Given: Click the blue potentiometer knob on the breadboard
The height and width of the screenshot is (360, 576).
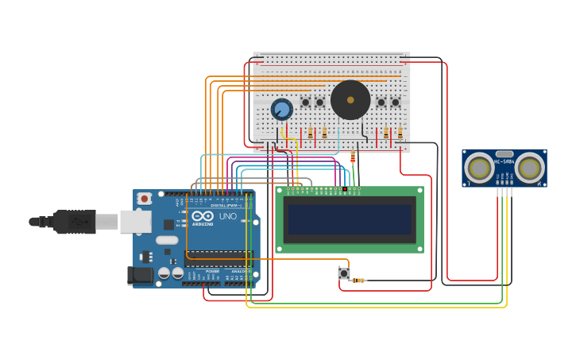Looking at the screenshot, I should tap(281, 109).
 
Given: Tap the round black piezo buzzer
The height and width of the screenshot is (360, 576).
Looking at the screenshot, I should tap(350, 100).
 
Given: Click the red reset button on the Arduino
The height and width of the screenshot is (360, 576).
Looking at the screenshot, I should tap(144, 199).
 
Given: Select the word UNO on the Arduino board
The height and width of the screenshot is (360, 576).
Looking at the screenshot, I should tap(227, 216).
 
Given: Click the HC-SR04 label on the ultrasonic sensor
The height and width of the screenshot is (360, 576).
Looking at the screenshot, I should tap(504, 161).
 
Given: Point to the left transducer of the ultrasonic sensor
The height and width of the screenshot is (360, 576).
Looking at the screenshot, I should tap(479, 168).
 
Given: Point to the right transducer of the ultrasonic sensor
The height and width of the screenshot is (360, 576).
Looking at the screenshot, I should tap(529, 168).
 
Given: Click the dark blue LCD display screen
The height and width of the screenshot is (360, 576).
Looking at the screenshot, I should tap(350, 219).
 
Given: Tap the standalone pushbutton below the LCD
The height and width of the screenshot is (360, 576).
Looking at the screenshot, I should tap(344, 273).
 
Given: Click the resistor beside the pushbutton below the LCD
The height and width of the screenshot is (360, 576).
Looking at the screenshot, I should tap(358, 281).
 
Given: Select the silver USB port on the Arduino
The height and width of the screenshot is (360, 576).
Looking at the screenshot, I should tap(135, 222).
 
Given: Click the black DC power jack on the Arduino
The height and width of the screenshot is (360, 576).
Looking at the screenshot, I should tap(140, 275).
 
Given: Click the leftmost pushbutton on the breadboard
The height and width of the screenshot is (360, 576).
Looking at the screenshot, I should tap(305, 103).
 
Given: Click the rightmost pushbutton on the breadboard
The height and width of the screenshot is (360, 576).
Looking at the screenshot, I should tap(395, 103).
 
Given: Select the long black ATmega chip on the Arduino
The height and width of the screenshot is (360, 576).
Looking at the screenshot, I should tap(218, 258).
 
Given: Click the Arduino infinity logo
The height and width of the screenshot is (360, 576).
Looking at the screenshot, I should tap(203, 216).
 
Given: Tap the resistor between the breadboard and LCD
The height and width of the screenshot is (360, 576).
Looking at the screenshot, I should tap(353, 158).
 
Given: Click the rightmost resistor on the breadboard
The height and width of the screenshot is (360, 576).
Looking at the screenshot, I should tap(400, 134).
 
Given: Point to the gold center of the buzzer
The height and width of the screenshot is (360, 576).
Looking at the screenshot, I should tap(350, 100).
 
